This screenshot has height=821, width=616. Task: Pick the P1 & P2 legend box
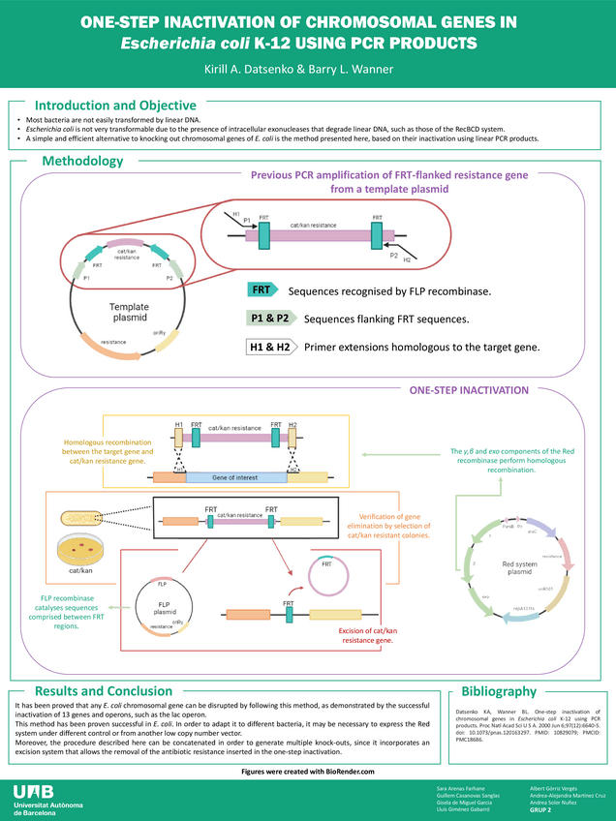coord(268,319)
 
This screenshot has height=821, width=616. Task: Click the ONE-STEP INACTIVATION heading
coord(469,390)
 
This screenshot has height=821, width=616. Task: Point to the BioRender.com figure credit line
coord(307,770)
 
